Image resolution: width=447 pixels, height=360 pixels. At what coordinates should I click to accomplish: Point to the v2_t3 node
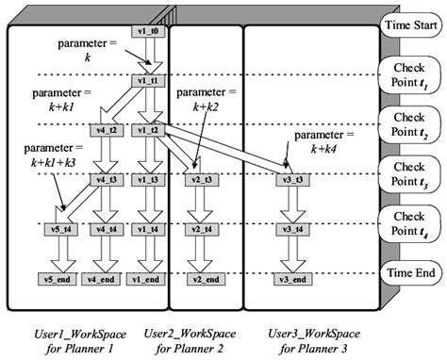click(x=200, y=178)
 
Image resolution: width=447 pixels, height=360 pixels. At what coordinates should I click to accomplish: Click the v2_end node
click(x=200, y=280)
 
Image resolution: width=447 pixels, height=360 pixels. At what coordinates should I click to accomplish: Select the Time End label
click(x=407, y=272)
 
